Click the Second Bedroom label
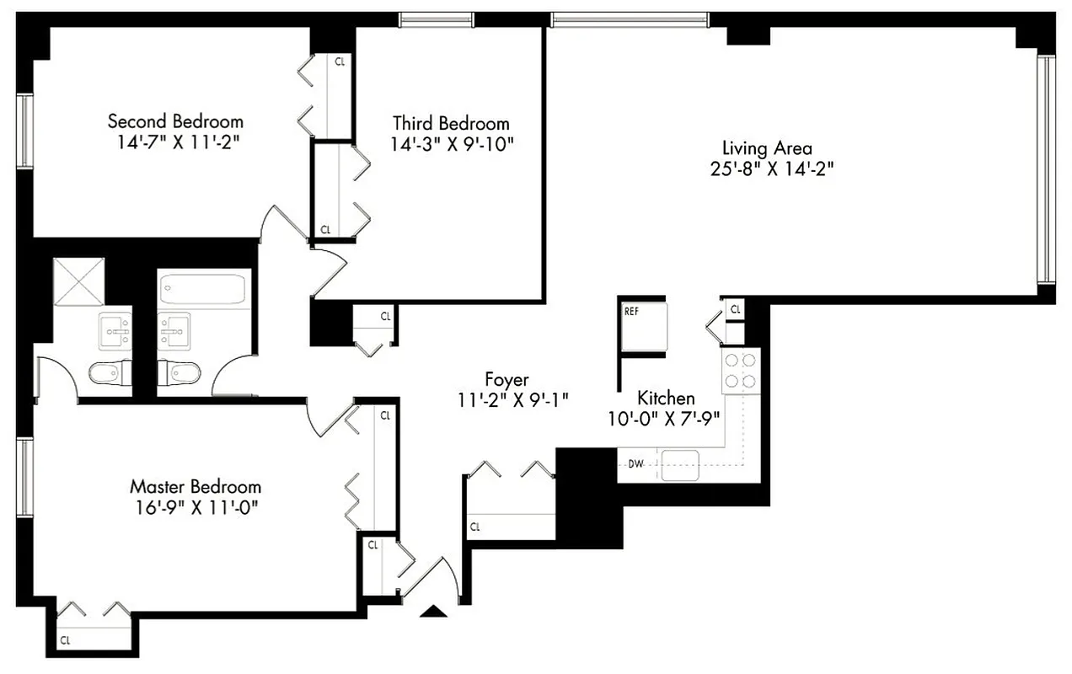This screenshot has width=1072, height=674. (175, 121)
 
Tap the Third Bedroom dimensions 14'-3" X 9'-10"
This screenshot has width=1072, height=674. (452, 144)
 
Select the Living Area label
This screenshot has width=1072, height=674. (767, 148)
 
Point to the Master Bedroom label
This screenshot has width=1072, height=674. (195, 487)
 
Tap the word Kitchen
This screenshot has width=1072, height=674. (666, 399)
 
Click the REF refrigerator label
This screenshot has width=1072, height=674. (631, 311)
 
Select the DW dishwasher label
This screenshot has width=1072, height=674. (635, 463)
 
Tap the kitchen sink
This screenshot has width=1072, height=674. (680, 464)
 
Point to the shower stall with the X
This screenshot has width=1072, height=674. (78, 281)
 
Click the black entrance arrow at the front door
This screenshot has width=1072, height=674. (434, 612)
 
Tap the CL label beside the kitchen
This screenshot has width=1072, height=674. (736, 310)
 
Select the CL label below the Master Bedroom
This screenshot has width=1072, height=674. (65, 640)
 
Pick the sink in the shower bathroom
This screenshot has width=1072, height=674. (115, 329)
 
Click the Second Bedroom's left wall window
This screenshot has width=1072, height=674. (25, 131)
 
